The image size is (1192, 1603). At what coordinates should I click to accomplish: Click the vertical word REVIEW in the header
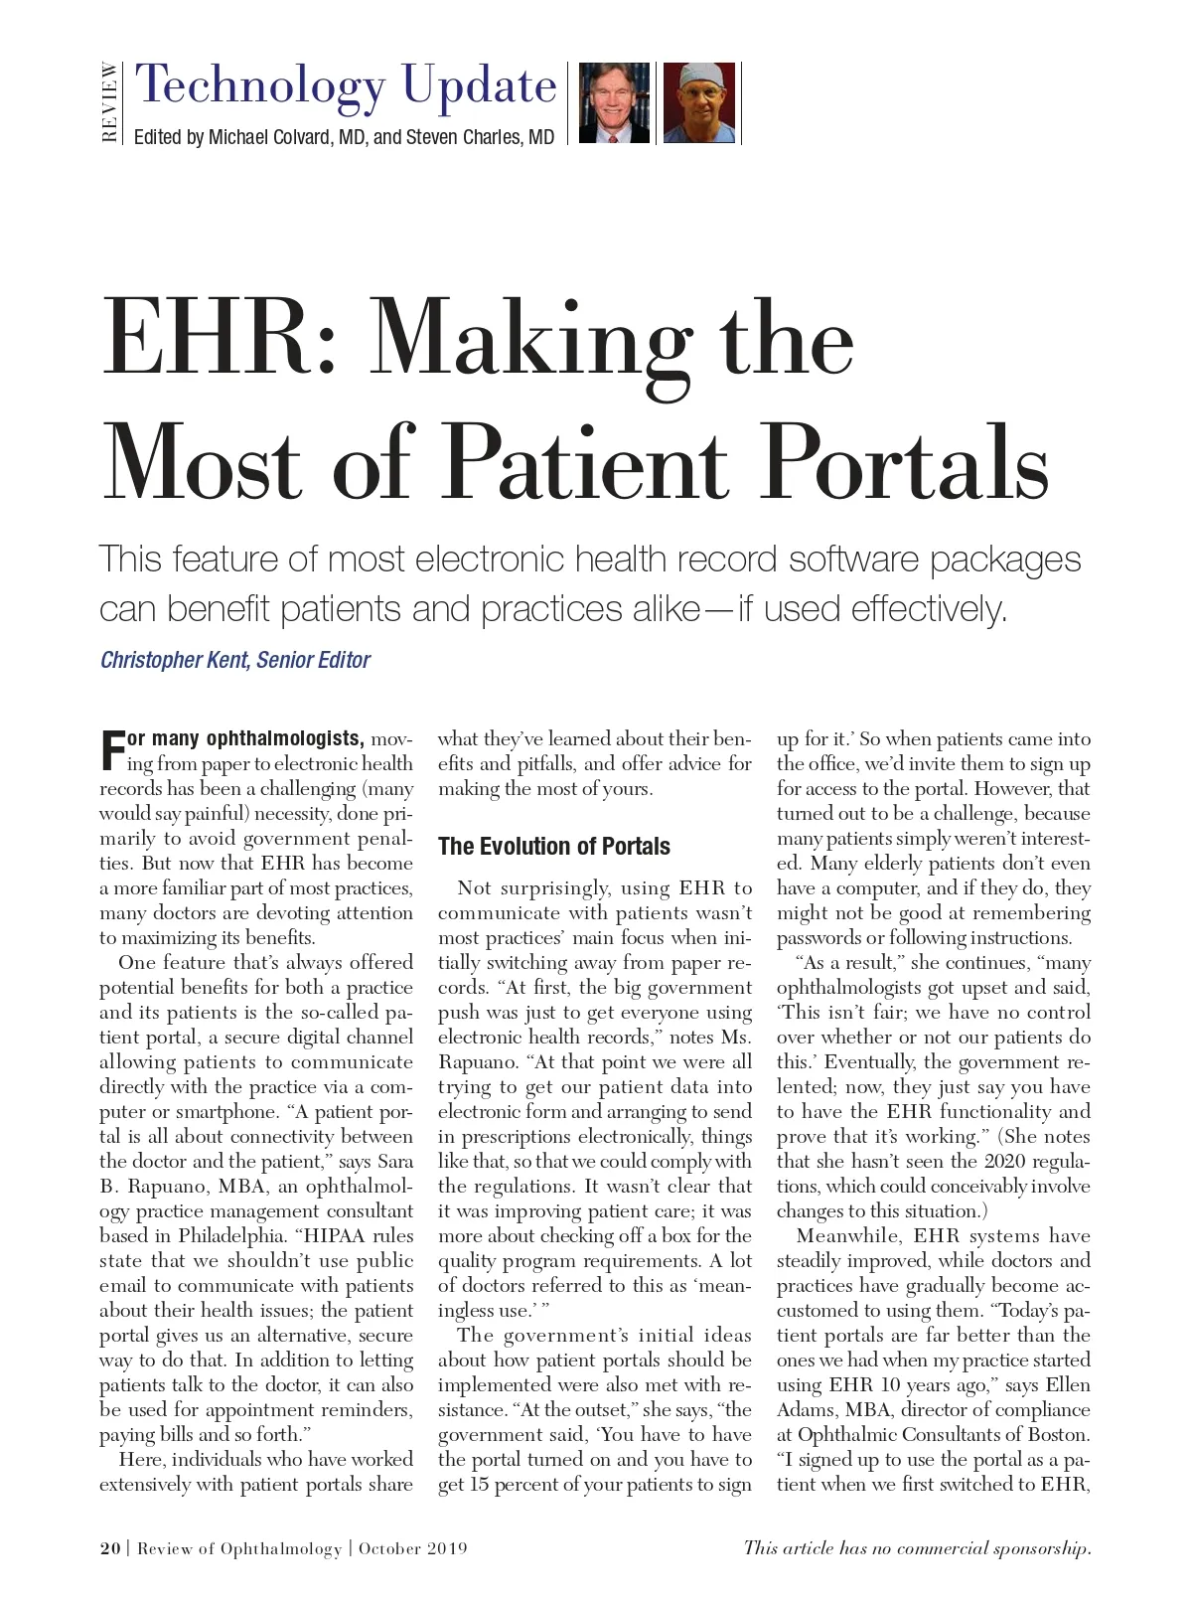pos(109,103)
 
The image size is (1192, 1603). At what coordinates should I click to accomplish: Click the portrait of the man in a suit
pos(613,103)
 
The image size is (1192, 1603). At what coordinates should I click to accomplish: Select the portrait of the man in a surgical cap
pos(698,103)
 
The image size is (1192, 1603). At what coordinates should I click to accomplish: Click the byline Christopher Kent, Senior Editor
pos(235,660)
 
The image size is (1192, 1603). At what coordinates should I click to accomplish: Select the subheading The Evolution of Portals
pos(553,847)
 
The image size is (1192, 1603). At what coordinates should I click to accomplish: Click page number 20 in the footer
pos(109,1548)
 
